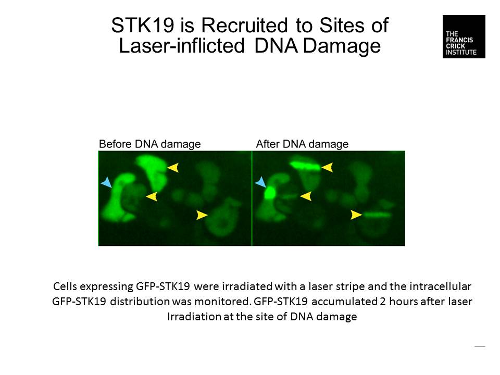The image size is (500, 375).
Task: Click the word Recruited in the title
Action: click(245, 25)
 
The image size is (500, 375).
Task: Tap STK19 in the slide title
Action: click(143, 25)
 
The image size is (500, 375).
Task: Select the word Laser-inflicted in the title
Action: click(182, 46)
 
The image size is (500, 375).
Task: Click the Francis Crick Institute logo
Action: click(464, 36)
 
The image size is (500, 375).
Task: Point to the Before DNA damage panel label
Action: click(150, 144)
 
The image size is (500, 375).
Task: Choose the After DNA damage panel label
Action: click(302, 144)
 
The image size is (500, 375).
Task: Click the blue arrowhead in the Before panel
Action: click(106, 182)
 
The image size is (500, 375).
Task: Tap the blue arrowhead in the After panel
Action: click(261, 182)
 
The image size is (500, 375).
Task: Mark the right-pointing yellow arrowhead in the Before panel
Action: click(202, 215)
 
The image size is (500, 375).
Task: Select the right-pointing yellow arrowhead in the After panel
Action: click(356, 215)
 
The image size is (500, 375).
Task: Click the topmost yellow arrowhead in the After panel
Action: click(327, 167)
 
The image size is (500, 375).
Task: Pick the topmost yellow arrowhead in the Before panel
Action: click(173, 167)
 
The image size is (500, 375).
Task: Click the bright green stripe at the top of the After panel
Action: click(305, 166)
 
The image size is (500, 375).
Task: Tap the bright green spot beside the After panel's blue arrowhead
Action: click(270, 193)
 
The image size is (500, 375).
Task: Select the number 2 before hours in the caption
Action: click(383, 302)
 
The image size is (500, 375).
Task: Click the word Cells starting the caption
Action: click(65, 286)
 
